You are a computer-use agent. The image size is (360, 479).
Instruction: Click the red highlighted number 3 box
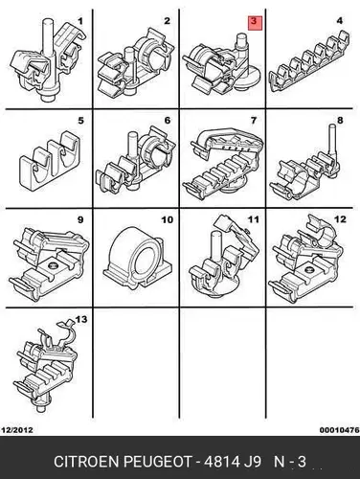click(x=255, y=23)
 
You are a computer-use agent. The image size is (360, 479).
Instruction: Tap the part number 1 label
click(x=80, y=21)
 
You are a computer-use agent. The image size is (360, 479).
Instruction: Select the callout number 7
click(x=254, y=121)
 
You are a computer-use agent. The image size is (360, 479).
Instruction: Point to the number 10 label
click(x=168, y=219)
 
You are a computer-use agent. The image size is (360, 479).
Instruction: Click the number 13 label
click(x=81, y=319)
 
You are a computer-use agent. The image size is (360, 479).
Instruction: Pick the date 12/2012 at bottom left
click(x=17, y=430)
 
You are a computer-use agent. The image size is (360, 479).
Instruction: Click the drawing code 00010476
click(x=340, y=430)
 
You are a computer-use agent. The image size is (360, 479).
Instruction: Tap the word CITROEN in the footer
click(x=87, y=462)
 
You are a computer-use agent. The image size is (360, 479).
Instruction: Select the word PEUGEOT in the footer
click(x=157, y=462)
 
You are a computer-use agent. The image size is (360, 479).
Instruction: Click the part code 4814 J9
click(x=233, y=462)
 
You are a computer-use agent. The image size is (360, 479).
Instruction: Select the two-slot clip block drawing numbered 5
click(x=50, y=160)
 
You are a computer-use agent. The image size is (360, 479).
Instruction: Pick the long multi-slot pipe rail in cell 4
click(x=309, y=61)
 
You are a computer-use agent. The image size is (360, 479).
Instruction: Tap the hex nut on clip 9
click(x=51, y=264)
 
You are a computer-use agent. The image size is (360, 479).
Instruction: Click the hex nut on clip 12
click(x=310, y=270)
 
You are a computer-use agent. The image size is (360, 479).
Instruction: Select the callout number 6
click(x=168, y=121)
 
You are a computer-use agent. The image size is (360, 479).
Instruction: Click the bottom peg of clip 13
click(x=40, y=408)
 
